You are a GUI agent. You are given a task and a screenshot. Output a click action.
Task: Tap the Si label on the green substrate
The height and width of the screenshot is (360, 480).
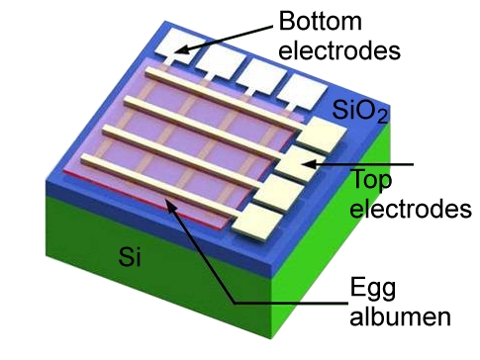pos(119,259)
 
